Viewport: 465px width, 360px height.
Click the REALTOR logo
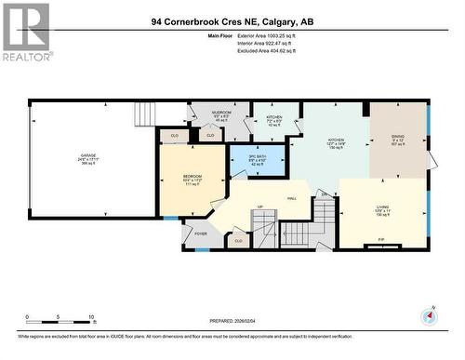click(26, 32)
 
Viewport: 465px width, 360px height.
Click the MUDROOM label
click(221, 113)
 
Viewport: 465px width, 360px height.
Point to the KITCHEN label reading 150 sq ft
click(336, 141)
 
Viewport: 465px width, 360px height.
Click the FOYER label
click(200, 234)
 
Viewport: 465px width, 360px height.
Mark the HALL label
click(291, 198)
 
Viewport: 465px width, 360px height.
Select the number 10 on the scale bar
click(91, 317)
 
